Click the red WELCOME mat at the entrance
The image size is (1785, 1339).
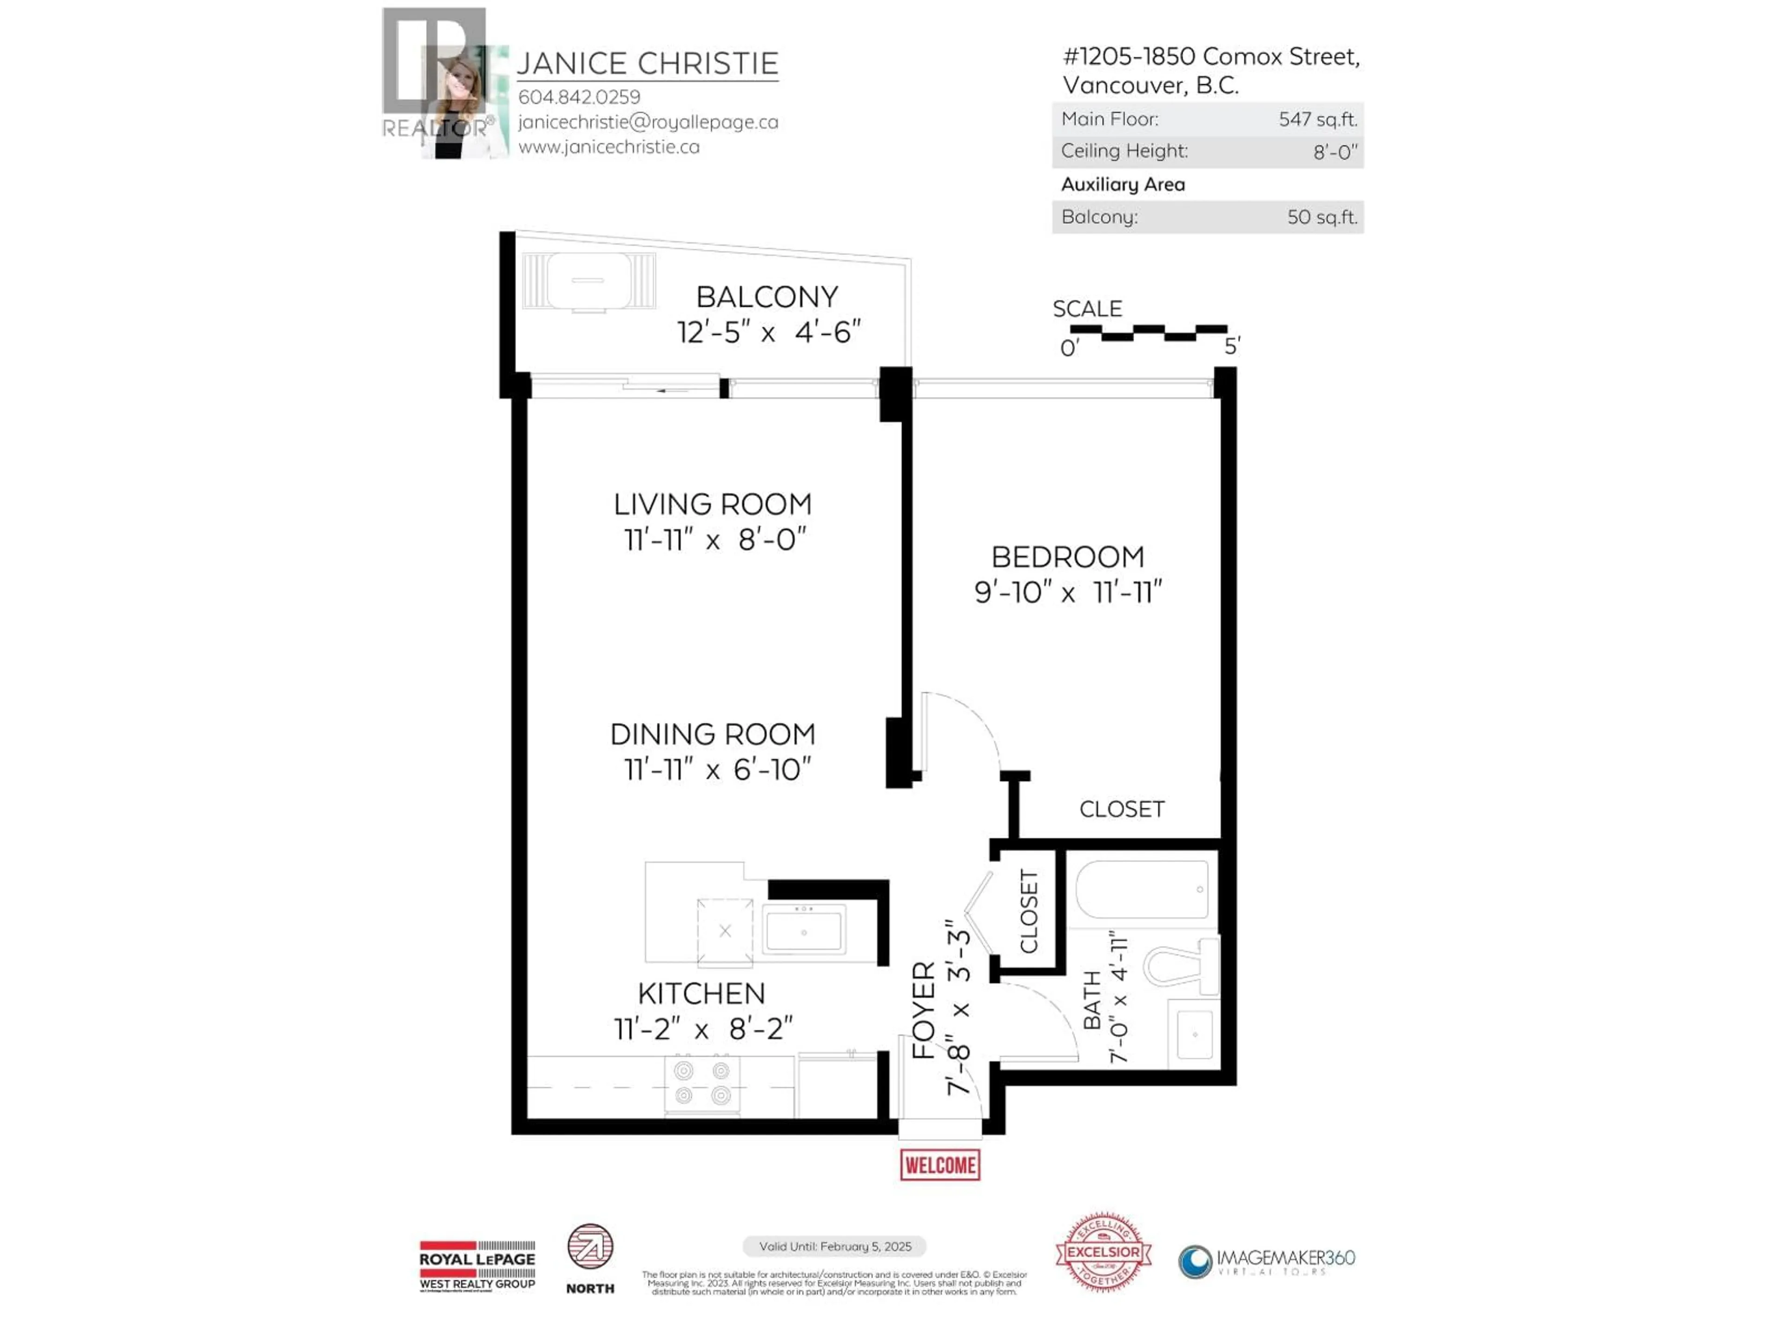point(939,1165)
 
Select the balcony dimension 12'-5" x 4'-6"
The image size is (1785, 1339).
point(768,331)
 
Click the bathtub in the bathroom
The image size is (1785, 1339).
point(1142,888)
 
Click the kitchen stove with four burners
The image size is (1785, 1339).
point(702,1083)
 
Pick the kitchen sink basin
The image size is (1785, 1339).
point(804,931)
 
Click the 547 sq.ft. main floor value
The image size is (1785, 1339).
point(1317,119)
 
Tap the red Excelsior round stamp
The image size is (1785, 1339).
point(1103,1252)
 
